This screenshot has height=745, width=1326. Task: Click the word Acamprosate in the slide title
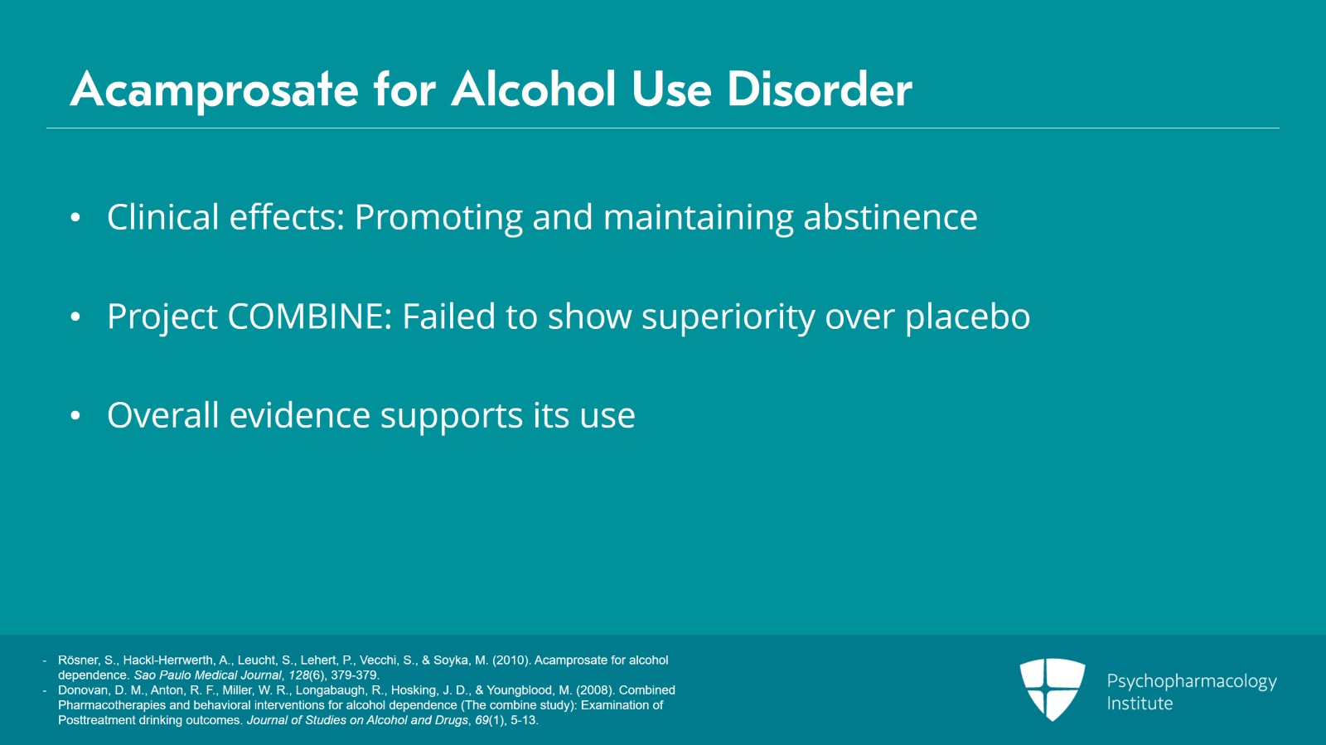[215, 89]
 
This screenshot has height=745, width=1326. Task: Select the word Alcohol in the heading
[534, 89]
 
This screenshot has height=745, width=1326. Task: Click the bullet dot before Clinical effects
[75, 218]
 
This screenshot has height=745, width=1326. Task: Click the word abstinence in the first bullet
[890, 218]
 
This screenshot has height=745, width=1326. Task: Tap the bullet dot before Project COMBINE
[75, 317]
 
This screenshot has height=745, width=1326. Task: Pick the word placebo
[967, 317]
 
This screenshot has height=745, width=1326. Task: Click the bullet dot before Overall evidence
[75, 416]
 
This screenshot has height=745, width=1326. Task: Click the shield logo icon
[1052, 689]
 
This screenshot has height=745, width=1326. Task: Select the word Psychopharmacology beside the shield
[1191, 682]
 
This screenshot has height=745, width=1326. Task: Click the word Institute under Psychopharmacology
[1140, 704]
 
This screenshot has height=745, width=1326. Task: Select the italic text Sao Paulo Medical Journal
[207, 675]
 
